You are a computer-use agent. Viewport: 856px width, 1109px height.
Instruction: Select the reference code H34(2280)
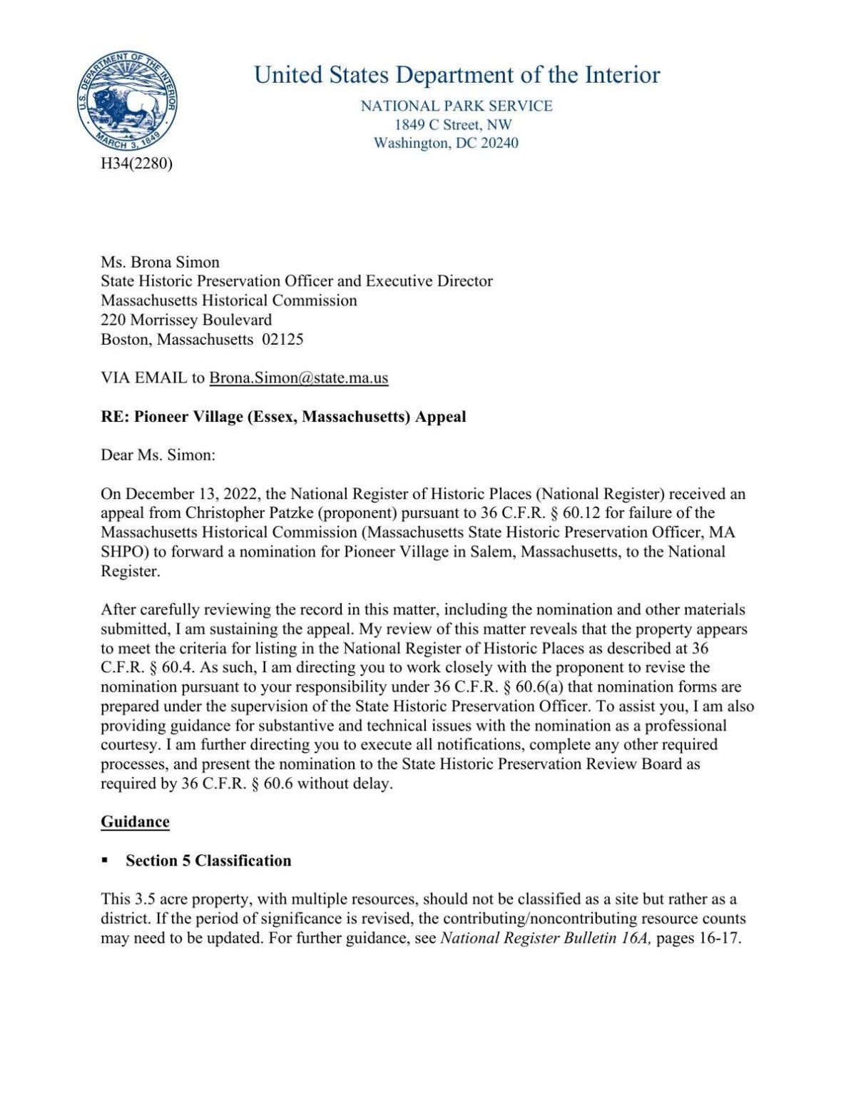coord(136,163)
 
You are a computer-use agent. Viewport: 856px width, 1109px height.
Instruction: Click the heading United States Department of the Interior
coord(457,74)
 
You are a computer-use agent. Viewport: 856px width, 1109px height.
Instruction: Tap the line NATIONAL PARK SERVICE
coord(457,106)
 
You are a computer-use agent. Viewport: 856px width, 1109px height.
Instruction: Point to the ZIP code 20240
coord(498,143)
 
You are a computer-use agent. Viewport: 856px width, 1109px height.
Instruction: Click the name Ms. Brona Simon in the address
coord(160,262)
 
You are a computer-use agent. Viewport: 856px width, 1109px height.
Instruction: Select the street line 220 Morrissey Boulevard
coord(186,320)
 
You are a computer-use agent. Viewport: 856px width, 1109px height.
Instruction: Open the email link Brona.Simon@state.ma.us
coord(298,378)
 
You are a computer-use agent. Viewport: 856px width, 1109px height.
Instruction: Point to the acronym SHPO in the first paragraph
coord(125,552)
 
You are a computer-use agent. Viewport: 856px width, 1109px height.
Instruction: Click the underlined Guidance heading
coord(135,821)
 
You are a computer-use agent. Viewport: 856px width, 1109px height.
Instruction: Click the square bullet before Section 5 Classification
coord(105,861)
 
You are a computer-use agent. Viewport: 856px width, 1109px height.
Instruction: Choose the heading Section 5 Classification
coord(208,861)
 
